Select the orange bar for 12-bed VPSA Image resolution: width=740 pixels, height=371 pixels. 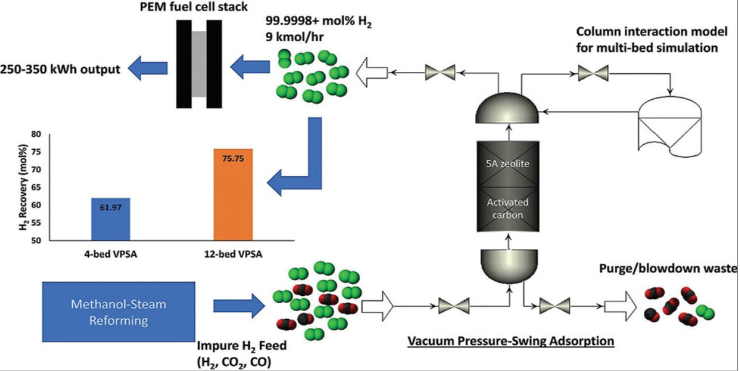click(233, 194)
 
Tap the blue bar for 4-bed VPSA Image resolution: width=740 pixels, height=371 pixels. click(110, 219)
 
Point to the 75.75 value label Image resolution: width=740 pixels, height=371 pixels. click(233, 158)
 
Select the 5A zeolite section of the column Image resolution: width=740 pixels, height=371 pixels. click(510, 165)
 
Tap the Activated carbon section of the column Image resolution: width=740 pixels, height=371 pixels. click(510, 208)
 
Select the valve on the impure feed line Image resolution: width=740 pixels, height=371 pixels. click(453, 304)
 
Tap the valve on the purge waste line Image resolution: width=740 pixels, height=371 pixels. click(554, 304)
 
